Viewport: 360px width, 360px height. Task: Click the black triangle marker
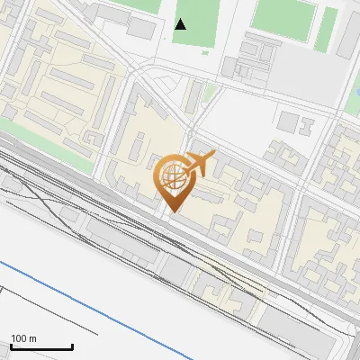[181, 23]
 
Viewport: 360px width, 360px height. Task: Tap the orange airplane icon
[200, 164]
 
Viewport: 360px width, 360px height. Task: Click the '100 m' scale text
[23, 337]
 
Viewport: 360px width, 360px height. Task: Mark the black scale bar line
[40, 346]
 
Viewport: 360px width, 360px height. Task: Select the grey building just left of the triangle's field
[141, 27]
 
